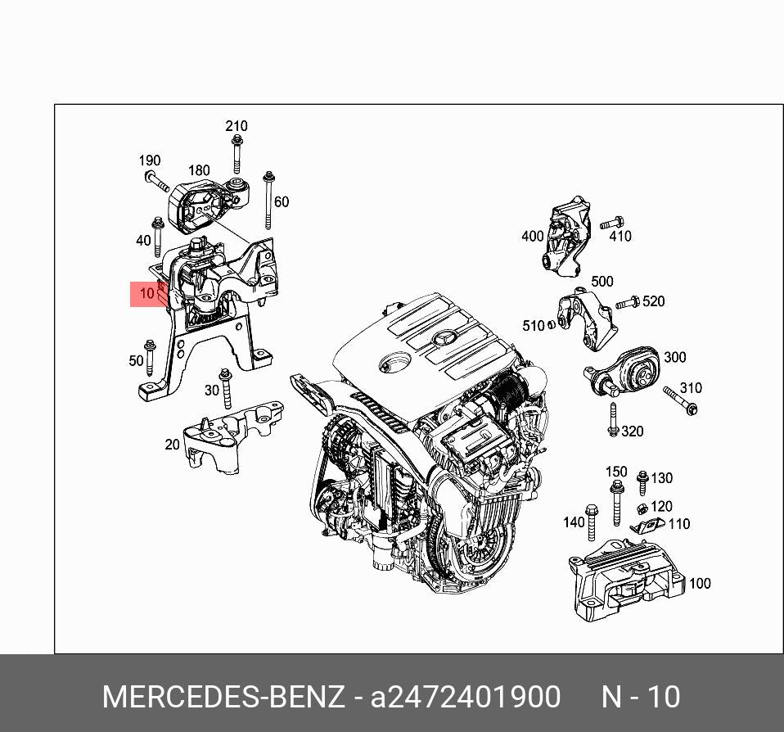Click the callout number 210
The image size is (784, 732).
[236, 126]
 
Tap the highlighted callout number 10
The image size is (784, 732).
[147, 293]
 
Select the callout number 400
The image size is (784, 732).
[532, 236]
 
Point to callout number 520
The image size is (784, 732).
[654, 301]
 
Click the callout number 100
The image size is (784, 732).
[700, 584]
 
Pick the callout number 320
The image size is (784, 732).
[633, 432]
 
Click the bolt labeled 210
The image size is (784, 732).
[237, 155]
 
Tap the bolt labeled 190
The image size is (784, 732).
[156, 181]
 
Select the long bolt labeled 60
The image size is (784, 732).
[269, 200]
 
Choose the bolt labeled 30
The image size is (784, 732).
[227, 389]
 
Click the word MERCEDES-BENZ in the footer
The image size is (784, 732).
[223, 697]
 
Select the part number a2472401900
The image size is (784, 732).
[465, 697]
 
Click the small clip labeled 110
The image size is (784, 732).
[647, 526]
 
